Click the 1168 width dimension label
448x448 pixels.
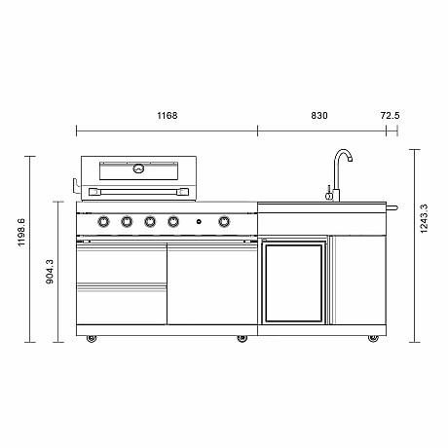[167, 116]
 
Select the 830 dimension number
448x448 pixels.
[318, 116]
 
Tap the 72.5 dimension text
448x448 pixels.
[390, 116]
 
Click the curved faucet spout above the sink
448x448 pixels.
[342, 157]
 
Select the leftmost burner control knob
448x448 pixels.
[103, 222]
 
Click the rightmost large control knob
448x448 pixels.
[224, 222]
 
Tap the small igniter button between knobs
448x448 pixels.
[198, 223]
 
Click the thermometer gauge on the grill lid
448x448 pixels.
[138, 168]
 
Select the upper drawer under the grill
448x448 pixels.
[121, 263]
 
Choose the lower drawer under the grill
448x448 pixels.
[121, 306]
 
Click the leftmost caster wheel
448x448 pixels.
[92, 338]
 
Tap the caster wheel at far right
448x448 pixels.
[371, 338]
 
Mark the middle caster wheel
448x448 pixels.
[241, 338]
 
